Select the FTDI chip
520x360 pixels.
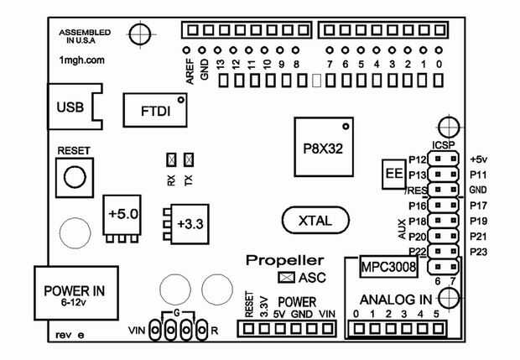pyautogui.click(x=155, y=109)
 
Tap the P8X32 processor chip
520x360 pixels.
pyautogui.click(x=323, y=145)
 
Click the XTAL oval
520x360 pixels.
pyautogui.click(x=316, y=221)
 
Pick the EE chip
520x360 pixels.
pyautogui.click(x=392, y=174)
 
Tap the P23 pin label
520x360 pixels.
pyautogui.click(x=480, y=251)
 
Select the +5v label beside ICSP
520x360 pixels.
pyautogui.click(x=480, y=159)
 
